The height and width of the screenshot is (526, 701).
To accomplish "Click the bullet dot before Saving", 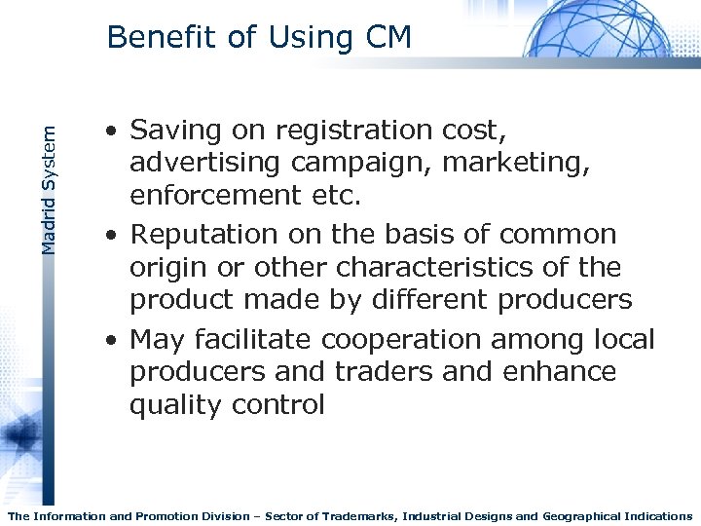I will point(114,131).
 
